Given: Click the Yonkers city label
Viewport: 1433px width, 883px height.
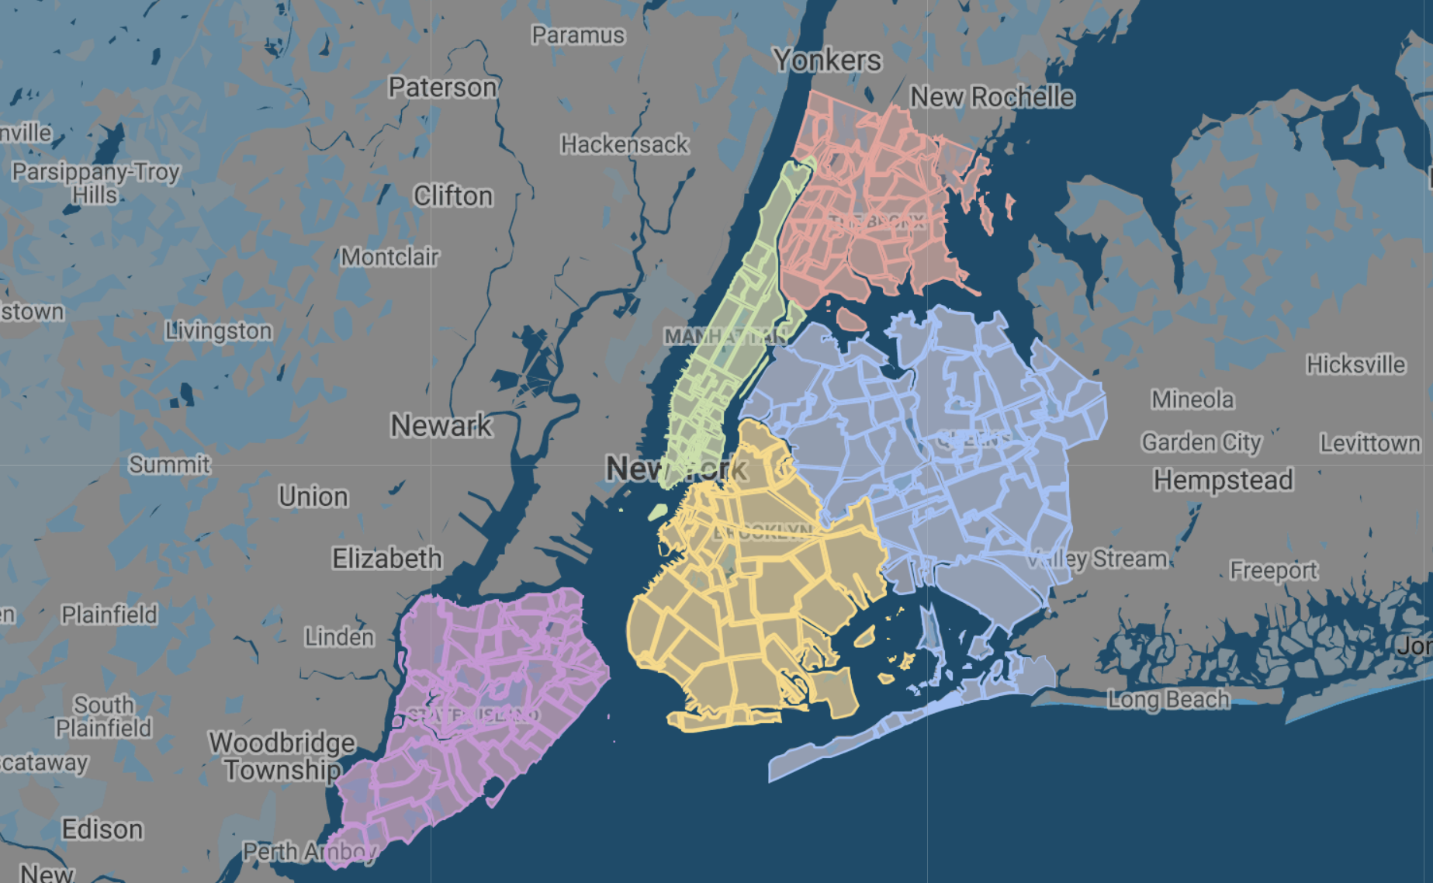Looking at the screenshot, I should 827,61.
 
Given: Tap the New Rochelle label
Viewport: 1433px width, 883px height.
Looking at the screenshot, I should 992,98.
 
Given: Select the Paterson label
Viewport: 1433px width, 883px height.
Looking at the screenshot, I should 442,88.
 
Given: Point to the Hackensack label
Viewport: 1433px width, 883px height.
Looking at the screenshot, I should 625,145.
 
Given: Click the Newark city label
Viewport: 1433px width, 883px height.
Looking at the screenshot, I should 441,425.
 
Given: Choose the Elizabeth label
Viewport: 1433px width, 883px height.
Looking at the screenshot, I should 387,559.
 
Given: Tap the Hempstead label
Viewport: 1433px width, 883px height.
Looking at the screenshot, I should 1223,480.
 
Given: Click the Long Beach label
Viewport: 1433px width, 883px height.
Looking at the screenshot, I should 1168,700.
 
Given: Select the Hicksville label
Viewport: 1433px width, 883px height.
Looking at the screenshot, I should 1355,365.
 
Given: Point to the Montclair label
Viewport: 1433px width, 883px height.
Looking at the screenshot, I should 389,257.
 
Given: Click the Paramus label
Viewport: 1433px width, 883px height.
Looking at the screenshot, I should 578,36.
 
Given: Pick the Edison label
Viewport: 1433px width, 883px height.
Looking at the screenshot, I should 102,829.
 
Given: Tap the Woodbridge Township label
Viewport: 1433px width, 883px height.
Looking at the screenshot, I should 282,757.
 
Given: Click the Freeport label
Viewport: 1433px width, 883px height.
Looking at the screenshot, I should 1273,571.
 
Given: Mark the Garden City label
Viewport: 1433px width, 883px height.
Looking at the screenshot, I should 1201,442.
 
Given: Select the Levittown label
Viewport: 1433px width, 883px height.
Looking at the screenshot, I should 1370,444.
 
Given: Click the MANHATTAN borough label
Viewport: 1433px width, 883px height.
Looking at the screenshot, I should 725,336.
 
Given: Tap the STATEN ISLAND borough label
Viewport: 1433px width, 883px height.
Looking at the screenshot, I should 473,715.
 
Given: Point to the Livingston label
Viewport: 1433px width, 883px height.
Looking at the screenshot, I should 219,331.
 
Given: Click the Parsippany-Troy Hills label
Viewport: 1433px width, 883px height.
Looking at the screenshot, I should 95,183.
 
